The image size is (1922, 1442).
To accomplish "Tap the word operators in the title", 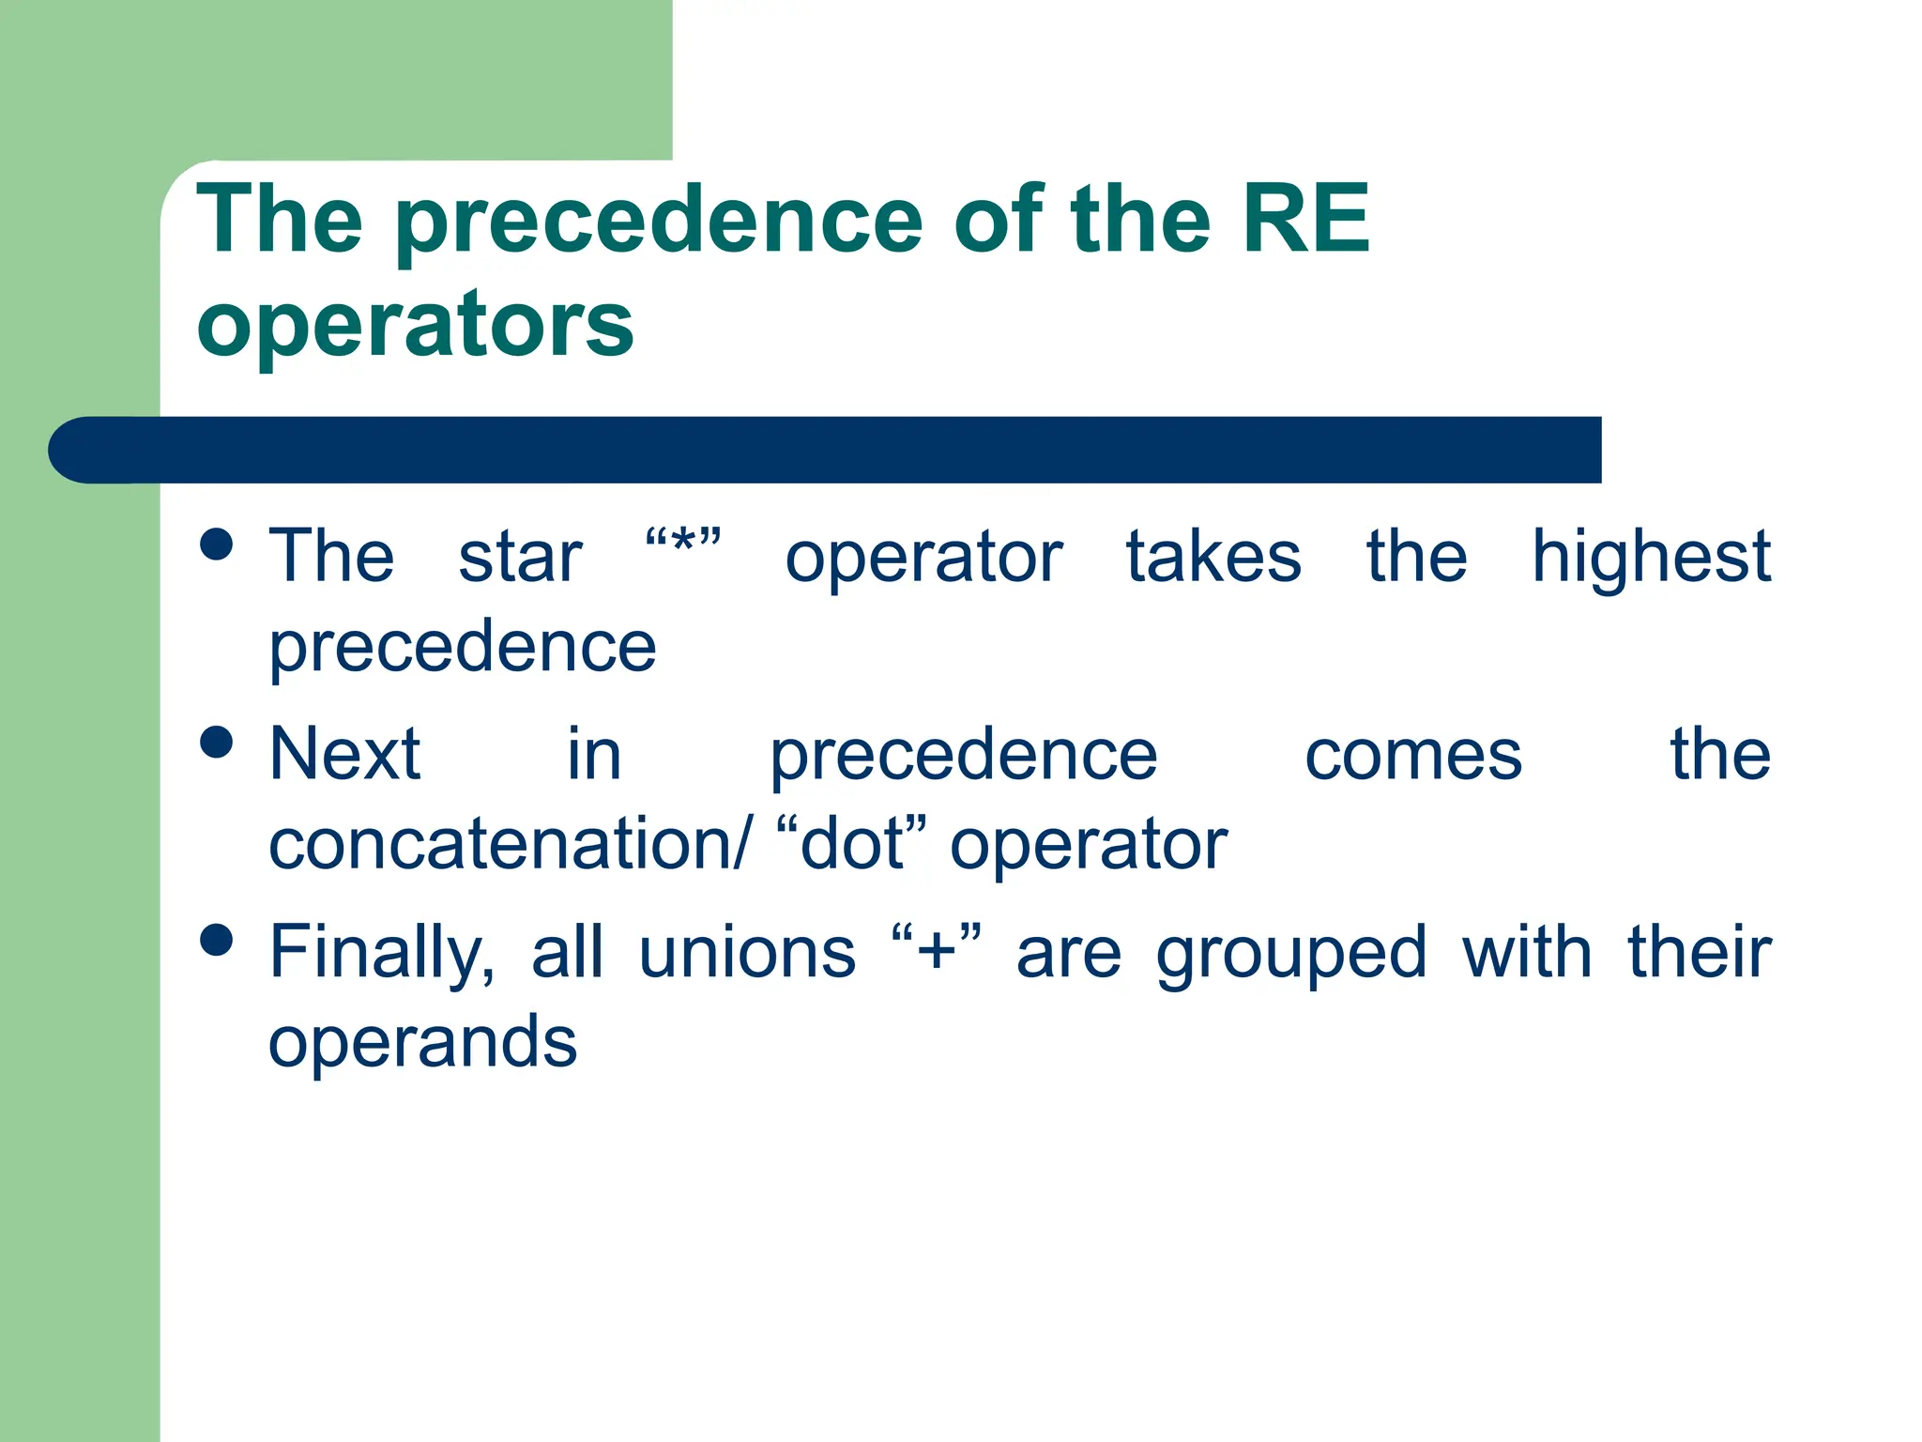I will click(x=415, y=324).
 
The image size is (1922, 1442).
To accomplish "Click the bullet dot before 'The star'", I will click(x=217, y=545).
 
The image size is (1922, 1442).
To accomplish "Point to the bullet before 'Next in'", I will click(x=217, y=742).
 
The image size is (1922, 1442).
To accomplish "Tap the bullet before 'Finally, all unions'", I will click(x=217, y=940).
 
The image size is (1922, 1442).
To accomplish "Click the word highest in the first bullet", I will click(x=1651, y=558).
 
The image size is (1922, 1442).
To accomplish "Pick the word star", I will click(x=520, y=558).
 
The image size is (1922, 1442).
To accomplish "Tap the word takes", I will click(x=1213, y=558).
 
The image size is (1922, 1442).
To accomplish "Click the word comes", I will click(x=1413, y=756).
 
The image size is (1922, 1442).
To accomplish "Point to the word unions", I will click(x=747, y=952).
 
